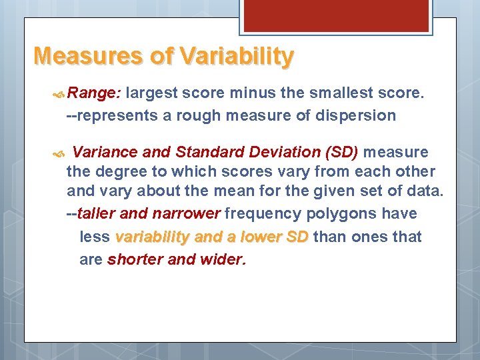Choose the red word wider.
[x=223, y=259]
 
